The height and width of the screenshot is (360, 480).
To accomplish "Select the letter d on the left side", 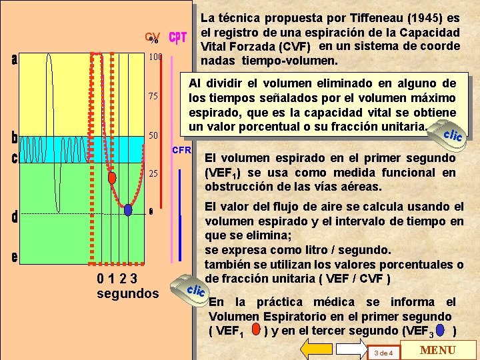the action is click(15, 217).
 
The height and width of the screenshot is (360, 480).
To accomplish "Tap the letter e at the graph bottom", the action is click(15, 257).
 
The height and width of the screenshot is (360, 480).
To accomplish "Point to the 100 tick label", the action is click(155, 57).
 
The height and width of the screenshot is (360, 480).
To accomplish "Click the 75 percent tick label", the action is click(153, 97).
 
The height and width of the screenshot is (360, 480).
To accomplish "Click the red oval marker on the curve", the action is click(112, 177).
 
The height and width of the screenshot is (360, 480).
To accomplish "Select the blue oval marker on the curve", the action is click(128, 209).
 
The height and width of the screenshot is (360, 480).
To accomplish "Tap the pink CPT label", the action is click(177, 37).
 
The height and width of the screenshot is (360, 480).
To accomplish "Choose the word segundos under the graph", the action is click(128, 293).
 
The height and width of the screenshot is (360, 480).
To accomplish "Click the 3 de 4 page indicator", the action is click(385, 352).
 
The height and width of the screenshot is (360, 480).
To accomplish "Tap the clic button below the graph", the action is click(194, 290).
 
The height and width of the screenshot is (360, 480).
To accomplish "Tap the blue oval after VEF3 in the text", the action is click(439, 330).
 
